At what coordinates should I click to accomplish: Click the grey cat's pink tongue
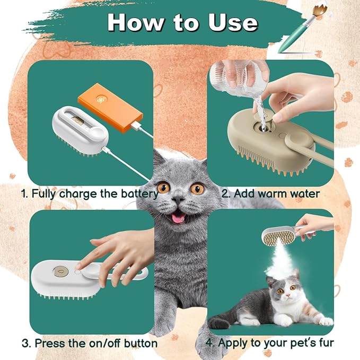coord(180,217)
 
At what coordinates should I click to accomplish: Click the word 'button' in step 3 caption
coord(137,343)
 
